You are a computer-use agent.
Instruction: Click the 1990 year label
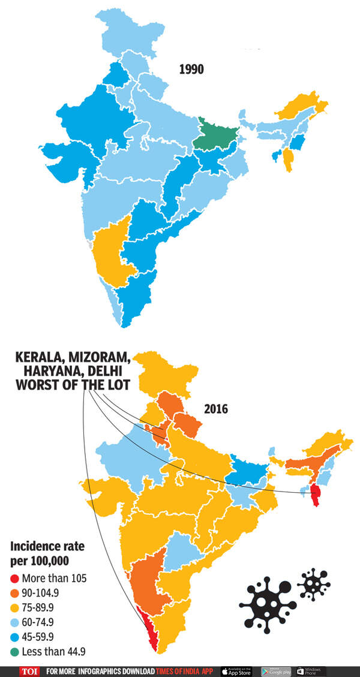[x=192, y=70]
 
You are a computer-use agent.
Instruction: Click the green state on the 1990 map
[x=219, y=135]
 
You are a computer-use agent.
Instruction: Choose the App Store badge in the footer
[x=236, y=671]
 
